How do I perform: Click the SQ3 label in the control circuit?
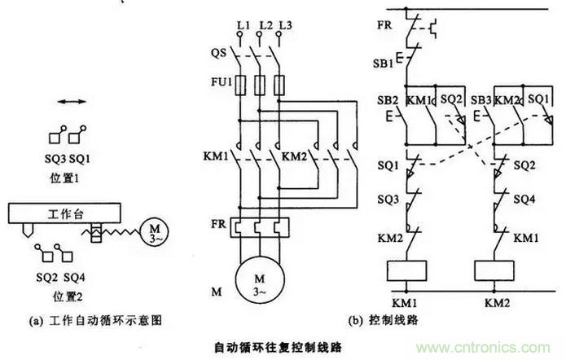tap(388, 200)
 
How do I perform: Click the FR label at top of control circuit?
tap(384, 24)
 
